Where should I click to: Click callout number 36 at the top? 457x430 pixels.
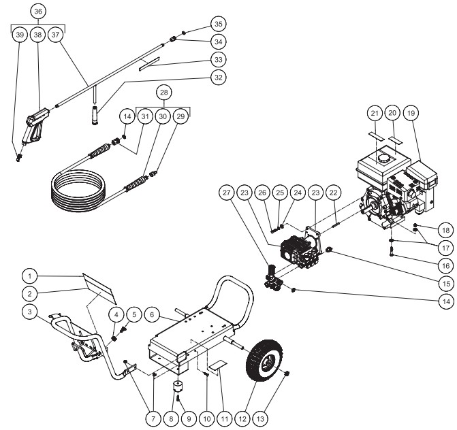coord(38,12)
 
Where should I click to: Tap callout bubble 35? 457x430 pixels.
coord(217,23)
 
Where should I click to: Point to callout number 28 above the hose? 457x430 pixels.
coord(163,91)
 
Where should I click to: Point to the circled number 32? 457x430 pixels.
coord(217,77)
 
